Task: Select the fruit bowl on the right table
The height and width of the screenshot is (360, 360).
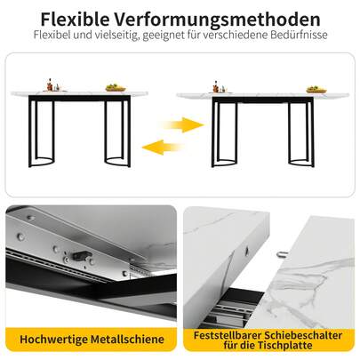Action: [x=315, y=88]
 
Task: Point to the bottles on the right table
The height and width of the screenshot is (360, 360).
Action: [x=215, y=86]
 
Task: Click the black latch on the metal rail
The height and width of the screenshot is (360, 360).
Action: [x=87, y=254]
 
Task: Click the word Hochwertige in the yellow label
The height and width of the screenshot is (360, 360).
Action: [x=52, y=338]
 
